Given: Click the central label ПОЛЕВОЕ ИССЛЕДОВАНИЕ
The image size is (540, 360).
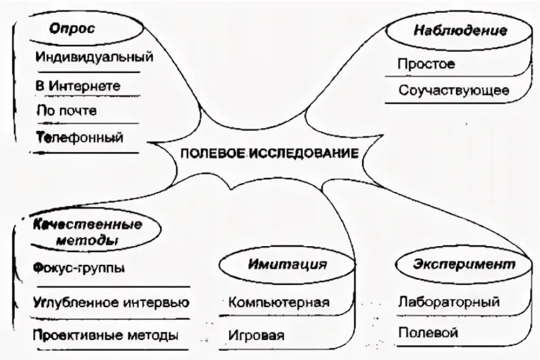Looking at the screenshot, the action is [268, 153].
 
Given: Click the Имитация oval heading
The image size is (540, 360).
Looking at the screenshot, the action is [287, 264].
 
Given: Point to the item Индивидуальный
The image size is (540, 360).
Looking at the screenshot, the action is [94, 58].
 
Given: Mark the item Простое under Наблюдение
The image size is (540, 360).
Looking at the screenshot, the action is [426, 64].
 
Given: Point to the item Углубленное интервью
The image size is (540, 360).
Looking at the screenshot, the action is [111, 302].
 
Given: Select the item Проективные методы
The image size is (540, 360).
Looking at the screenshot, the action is [106, 335].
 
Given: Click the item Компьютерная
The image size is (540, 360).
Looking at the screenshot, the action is [279, 302].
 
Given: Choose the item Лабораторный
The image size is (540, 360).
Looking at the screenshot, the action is [449, 302].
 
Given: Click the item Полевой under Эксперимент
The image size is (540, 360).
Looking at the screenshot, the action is [427, 333].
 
